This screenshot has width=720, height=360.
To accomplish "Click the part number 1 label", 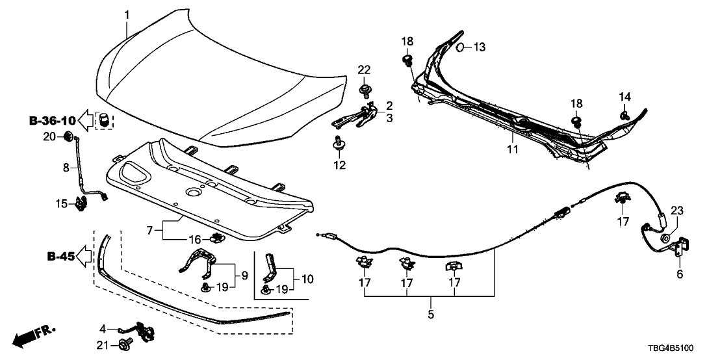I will coord(127,14).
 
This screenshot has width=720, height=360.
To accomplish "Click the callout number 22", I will coord(364,70).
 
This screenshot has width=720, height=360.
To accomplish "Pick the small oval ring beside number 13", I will coord(459,47).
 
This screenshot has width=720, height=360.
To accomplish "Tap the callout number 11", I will coord(513,150).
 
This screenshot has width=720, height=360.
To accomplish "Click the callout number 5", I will coord(430,315).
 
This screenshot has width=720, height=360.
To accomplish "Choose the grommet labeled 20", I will coord(68,136).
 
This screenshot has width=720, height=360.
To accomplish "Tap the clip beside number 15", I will coord(83,203).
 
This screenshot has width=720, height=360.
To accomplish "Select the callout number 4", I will coord(103,328).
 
